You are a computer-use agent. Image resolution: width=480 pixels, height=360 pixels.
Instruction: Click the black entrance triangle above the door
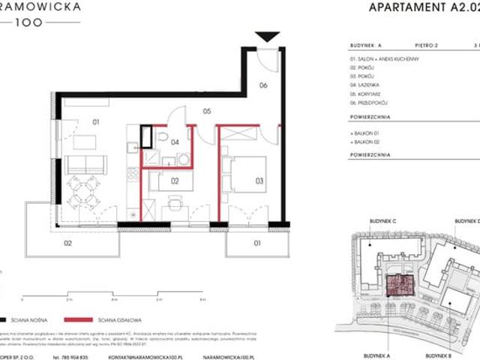tap(266, 37)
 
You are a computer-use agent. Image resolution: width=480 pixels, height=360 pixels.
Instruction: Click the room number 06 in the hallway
tap(262, 85)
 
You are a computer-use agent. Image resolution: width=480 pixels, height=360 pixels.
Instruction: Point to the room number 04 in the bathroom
tap(174, 140)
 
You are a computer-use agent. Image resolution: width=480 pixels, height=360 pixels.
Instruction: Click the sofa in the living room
tap(85, 164)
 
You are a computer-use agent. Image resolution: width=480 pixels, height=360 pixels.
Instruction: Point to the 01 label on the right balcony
tap(256, 243)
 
